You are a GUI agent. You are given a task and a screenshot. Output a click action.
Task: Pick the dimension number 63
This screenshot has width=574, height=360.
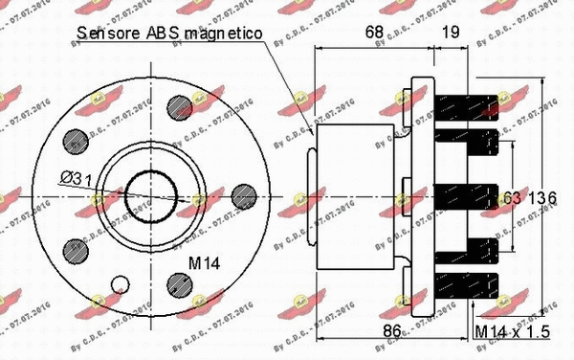click(514, 198)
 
